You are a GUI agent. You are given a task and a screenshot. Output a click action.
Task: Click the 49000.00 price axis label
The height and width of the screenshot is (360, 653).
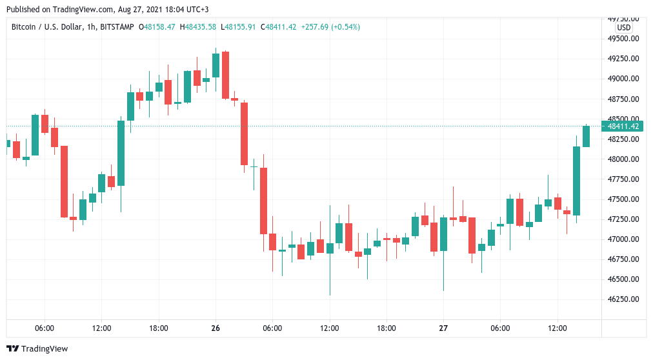[x=623, y=79]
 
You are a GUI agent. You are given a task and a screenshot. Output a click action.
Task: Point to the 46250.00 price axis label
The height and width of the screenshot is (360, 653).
[x=623, y=299]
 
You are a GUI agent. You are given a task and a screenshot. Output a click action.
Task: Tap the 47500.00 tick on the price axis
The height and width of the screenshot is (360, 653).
[x=623, y=199]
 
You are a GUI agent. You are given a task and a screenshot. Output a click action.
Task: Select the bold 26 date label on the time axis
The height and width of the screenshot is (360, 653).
[x=216, y=328]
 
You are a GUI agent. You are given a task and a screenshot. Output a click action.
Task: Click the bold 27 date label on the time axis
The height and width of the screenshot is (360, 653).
[x=443, y=328]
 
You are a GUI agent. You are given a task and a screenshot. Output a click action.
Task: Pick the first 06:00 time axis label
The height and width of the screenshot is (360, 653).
[x=45, y=328]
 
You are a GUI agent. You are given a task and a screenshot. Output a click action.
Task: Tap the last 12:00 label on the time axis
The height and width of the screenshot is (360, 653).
[x=558, y=328]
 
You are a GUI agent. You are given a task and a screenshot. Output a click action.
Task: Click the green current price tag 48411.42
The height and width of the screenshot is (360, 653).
[x=623, y=126]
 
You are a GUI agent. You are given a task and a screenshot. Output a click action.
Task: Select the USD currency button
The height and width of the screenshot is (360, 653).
[x=624, y=28]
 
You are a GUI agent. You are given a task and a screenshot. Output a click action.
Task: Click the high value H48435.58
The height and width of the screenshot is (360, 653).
[x=199, y=26]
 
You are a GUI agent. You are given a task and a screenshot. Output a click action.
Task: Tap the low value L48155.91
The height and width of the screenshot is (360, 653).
[x=239, y=26]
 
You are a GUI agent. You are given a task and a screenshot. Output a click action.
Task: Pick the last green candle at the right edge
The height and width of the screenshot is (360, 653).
[x=586, y=136]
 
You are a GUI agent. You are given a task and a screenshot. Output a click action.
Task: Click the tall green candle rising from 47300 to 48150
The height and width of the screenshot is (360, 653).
[x=576, y=181]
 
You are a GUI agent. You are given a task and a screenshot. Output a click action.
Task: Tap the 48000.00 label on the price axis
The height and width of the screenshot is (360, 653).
[x=623, y=159]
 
